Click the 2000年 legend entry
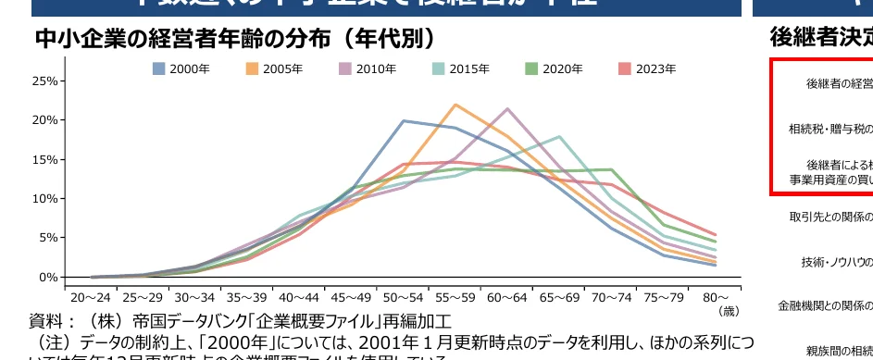[181, 69]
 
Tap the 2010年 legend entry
[368, 69]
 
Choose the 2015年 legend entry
[461, 69]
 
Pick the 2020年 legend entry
[554, 69]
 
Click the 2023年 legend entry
[647, 69]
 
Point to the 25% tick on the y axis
[44, 81]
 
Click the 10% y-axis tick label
[44, 198]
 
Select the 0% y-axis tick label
[48, 277]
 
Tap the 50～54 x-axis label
[404, 298]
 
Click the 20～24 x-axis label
[91, 298]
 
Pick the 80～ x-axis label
[716, 298]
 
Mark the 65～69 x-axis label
[560, 298]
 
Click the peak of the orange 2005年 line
[455, 105]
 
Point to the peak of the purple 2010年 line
[507, 109]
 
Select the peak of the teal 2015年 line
[560, 137]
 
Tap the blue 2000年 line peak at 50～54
[404, 121]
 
